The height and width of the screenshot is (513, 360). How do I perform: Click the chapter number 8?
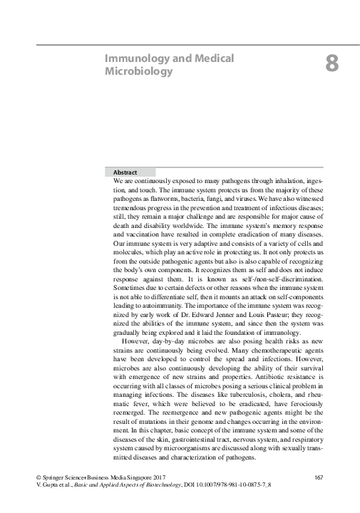coord(331,64)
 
